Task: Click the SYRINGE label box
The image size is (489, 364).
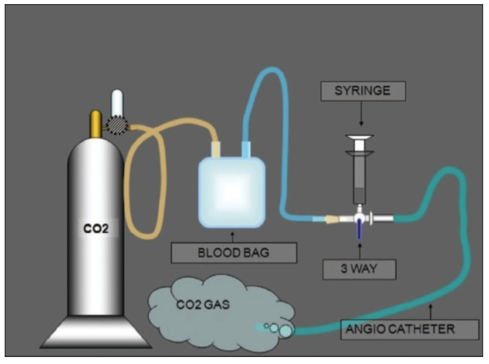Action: [x=363, y=91]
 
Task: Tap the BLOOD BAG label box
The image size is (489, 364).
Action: [x=234, y=253]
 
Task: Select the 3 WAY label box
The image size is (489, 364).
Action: [x=359, y=269]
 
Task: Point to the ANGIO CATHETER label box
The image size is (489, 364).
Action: [x=410, y=330]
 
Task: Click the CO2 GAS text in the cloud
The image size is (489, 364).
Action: [x=203, y=304]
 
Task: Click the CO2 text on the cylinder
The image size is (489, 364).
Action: [x=96, y=229]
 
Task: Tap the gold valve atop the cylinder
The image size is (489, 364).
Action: [x=96, y=123]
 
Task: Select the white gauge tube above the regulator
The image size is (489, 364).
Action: [x=117, y=103]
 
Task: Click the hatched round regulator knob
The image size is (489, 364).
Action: [x=117, y=125]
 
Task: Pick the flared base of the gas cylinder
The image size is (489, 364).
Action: [x=96, y=332]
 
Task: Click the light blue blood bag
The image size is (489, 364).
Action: [x=232, y=192]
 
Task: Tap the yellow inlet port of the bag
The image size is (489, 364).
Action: [x=216, y=149]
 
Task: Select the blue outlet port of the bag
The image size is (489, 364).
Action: [x=246, y=149]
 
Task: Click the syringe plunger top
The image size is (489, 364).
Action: [x=359, y=137]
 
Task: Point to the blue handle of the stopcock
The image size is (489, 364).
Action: [x=359, y=229]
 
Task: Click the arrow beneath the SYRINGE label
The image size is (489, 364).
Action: [x=361, y=113]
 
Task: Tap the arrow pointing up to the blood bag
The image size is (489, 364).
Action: [x=232, y=237]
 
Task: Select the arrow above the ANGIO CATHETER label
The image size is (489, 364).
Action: [x=431, y=311]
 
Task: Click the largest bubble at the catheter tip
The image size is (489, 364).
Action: [x=286, y=331]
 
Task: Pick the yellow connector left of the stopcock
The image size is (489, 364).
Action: [x=331, y=220]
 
